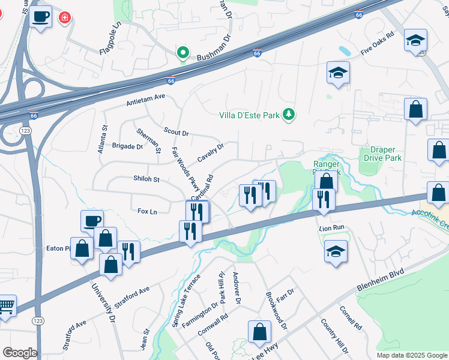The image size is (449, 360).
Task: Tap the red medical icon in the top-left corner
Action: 64,19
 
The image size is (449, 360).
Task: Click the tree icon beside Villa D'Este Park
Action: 289,115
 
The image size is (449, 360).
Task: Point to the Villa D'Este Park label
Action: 250,115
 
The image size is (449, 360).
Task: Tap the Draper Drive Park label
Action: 382,154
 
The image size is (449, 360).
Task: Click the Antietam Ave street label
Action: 145,99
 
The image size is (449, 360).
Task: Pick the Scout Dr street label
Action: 176,132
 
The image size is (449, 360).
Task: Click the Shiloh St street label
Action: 146,179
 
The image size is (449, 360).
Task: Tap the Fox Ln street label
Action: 147,211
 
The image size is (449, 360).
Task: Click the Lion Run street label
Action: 331,228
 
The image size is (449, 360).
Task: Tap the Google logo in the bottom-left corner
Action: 20,353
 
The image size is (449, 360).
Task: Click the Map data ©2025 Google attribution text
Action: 411,355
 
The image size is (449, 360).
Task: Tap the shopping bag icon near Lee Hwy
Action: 259,331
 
